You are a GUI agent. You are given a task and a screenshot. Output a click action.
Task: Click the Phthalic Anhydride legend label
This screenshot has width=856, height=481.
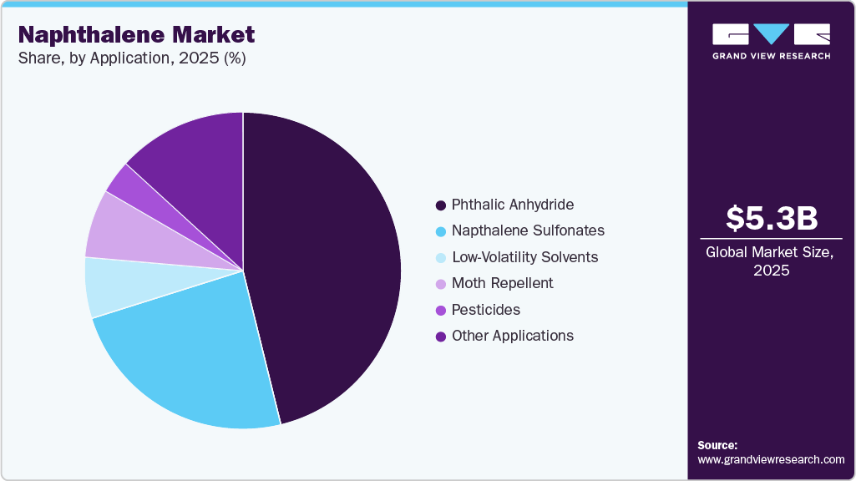(513, 205)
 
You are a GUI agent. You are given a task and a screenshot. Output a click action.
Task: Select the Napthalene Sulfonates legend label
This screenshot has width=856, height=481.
(528, 230)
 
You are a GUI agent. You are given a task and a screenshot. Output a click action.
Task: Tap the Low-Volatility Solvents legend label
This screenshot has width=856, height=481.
(524, 257)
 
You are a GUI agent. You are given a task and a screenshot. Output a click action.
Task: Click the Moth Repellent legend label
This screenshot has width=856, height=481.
(502, 283)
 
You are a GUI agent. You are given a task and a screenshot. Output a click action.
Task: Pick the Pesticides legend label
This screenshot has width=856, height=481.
(485, 310)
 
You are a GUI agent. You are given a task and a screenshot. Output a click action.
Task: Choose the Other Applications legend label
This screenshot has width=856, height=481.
(512, 336)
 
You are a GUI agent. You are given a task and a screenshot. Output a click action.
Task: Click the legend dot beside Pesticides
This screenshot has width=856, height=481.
(440, 311)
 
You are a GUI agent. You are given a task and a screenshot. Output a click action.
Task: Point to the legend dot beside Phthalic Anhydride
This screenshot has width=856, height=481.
(440, 205)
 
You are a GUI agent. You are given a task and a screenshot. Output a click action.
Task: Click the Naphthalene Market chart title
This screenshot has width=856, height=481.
(137, 35)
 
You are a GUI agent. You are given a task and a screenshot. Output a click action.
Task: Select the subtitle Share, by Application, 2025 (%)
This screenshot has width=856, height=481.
(131, 58)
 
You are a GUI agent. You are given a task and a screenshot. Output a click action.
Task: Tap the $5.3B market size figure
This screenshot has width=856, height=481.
(771, 218)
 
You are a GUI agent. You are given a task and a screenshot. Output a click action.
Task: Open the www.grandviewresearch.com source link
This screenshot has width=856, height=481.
(771, 460)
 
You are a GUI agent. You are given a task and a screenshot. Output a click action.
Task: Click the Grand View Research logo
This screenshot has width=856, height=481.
(771, 41)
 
